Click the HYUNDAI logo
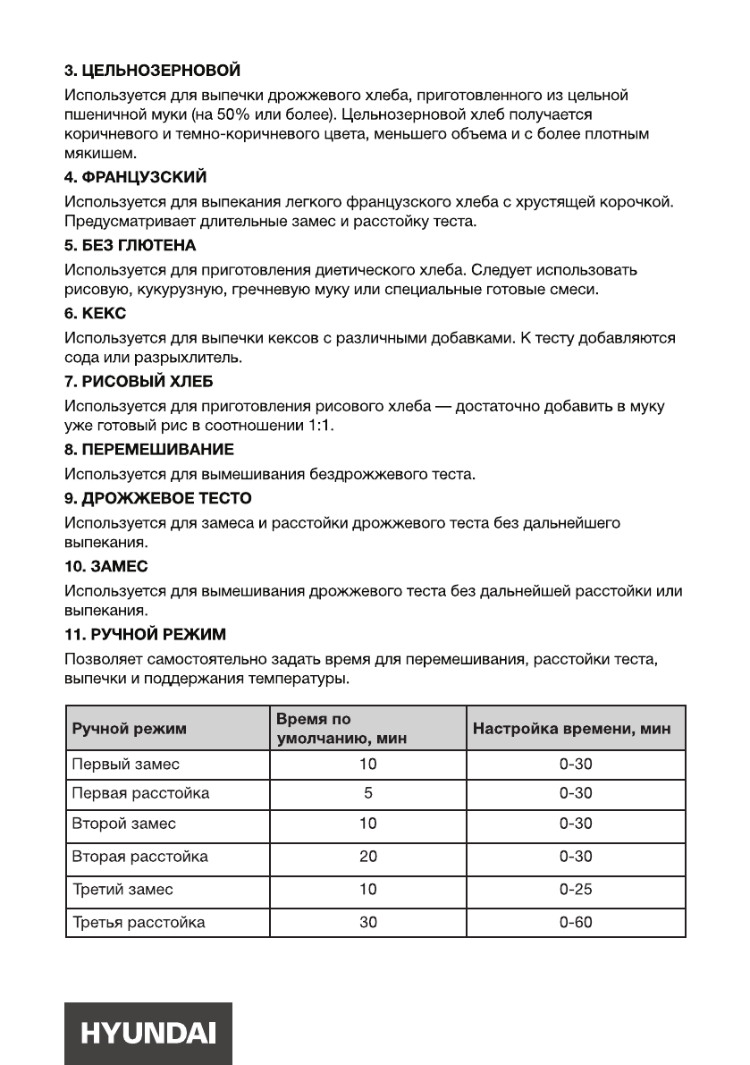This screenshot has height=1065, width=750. coord(148,1033)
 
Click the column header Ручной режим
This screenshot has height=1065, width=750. coord(129,729)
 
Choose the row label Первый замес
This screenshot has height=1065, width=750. coord(125,765)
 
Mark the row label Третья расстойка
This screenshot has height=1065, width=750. coord(138,922)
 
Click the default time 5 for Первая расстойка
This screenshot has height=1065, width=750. coord(368,793)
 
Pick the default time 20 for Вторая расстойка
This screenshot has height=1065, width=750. coord(368,857)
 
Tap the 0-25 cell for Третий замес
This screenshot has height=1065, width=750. coord(576,890)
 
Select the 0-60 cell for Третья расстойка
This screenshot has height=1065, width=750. coord(576,922)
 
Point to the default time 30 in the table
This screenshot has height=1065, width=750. coord(368,922)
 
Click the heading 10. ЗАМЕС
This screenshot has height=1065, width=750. coord(106,566)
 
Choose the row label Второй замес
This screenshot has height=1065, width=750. coord(123,824)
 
